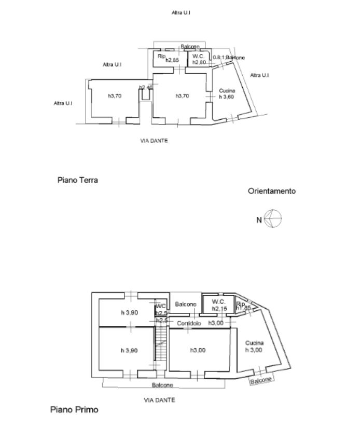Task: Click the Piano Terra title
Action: tap(78, 181)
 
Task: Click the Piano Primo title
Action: tap(74, 410)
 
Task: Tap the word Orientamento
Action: tap(272, 191)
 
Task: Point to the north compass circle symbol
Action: tap(273, 219)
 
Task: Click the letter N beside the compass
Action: tap(259, 220)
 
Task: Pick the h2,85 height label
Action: tap(172, 61)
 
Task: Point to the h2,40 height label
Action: tap(145, 88)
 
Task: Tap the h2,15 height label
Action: tap(219, 309)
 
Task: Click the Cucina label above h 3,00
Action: tap(254, 343)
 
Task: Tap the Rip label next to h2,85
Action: tap(161, 57)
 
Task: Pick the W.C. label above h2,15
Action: tap(218, 302)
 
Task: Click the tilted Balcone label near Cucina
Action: tap(261, 380)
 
